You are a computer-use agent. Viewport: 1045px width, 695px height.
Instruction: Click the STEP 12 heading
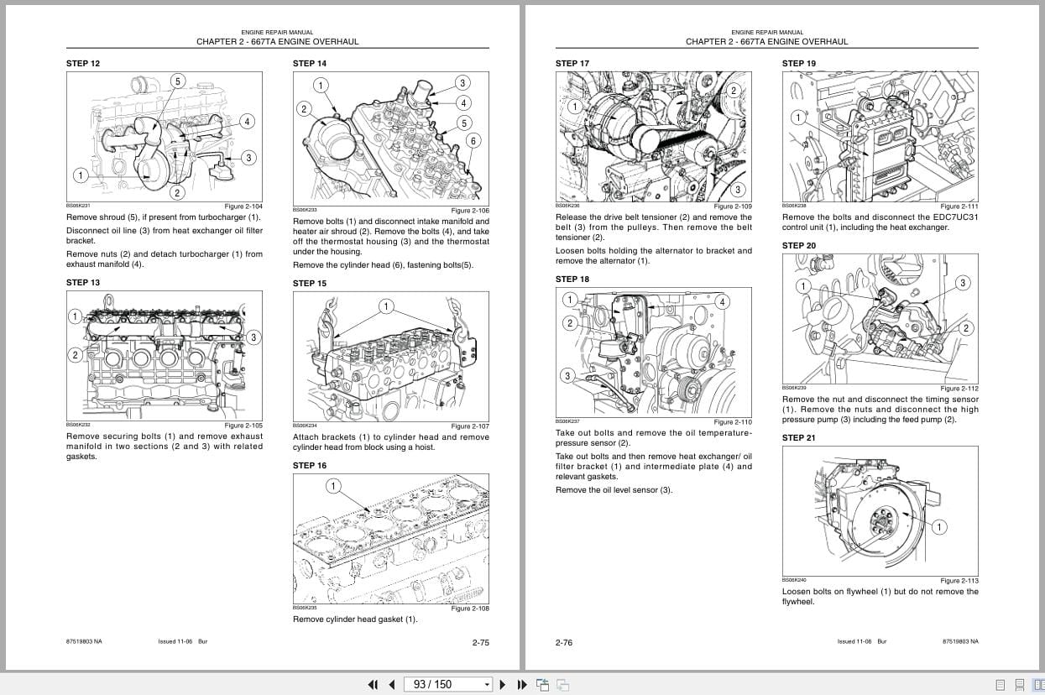click(82, 64)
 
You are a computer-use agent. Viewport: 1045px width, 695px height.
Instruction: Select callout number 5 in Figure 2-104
click(177, 81)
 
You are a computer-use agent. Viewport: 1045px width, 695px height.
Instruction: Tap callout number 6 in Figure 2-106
click(473, 141)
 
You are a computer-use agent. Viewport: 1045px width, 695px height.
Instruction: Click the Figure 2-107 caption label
click(469, 426)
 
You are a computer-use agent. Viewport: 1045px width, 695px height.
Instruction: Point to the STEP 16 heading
click(309, 466)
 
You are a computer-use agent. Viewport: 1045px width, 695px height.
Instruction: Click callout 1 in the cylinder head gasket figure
click(332, 486)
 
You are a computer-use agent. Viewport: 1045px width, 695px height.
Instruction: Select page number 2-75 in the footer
click(480, 643)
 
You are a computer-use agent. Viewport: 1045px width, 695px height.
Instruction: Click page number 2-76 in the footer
click(563, 643)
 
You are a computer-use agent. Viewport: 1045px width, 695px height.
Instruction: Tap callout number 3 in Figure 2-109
click(738, 190)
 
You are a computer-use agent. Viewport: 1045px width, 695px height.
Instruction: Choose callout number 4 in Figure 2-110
click(722, 301)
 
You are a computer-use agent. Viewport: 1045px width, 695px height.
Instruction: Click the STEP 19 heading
click(798, 64)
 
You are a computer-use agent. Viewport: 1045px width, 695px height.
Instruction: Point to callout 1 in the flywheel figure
click(938, 527)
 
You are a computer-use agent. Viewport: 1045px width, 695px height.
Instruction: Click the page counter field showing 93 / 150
click(447, 684)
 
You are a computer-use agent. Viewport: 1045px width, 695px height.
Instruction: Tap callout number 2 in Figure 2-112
click(965, 328)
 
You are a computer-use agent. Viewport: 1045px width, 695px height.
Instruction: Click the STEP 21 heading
click(798, 438)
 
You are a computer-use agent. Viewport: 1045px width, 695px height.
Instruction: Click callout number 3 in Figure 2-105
click(253, 337)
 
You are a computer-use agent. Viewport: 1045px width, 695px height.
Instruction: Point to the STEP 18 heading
click(572, 280)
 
